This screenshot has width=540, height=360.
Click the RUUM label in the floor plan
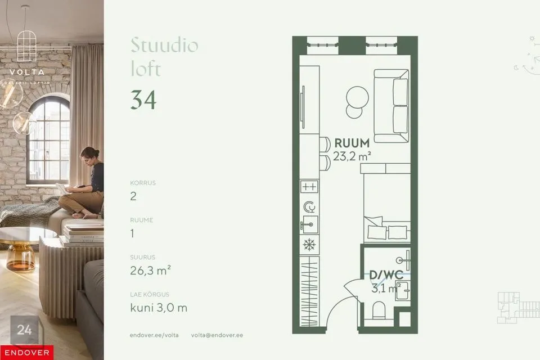tap(352, 143)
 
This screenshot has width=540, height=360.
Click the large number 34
tap(143, 100)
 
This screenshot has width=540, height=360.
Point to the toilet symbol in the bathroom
tap(379, 311)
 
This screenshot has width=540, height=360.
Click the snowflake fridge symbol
tap(309, 245)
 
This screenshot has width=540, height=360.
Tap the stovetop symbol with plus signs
tap(309, 186)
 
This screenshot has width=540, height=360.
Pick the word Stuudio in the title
tap(164, 45)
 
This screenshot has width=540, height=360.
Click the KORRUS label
tap(142, 183)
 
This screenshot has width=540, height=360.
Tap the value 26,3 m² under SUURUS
tap(150, 270)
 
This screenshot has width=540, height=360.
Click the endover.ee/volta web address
tap(154, 335)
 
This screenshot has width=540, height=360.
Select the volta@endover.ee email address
tap(217, 335)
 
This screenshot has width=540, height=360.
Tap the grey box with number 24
tap(25, 330)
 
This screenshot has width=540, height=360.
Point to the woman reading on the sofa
tap(87, 183)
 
